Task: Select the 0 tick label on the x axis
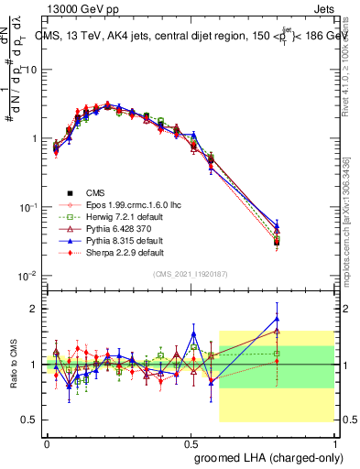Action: click(48, 442)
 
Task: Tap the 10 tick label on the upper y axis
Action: click(30, 70)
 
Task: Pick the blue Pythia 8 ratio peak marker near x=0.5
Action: click(193, 333)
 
